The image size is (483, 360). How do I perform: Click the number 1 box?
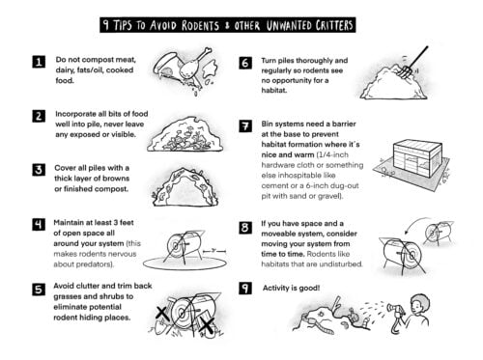pyautogui.click(x=39, y=62)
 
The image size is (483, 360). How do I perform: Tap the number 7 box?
pyautogui.click(x=245, y=125)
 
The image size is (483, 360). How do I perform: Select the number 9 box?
pyautogui.click(x=245, y=288)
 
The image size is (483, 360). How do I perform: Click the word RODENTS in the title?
pyautogui.click(x=200, y=25)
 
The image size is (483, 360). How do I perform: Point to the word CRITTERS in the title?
pyautogui.click(x=334, y=25)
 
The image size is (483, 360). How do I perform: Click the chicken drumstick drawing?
pyautogui.click(x=194, y=63)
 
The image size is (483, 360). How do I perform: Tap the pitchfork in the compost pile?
pyautogui.click(x=413, y=62)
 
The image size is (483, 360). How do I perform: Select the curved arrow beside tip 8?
pyautogui.click(x=415, y=223)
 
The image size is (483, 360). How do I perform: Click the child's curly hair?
pyautogui.click(x=420, y=303)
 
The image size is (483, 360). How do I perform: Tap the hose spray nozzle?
pyautogui.click(x=393, y=308)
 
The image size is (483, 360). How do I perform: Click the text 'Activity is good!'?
pyautogui.click(x=291, y=288)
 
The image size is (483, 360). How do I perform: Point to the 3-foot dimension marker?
pyautogui.click(x=214, y=251)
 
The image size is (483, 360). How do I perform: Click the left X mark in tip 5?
pyautogui.click(x=162, y=314)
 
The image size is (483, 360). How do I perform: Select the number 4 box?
pyautogui.click(x=39, y=224)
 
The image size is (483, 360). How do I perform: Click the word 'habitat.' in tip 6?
pyautogui.click(x=273, y=91)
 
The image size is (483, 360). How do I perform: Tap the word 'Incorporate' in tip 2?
pyautogui.click(x=75, y=114)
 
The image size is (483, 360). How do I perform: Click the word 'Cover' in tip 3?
pyautogui.click(x=66, y=168)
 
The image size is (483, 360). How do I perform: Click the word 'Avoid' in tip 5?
pyautogui.click(x=63, y=286)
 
